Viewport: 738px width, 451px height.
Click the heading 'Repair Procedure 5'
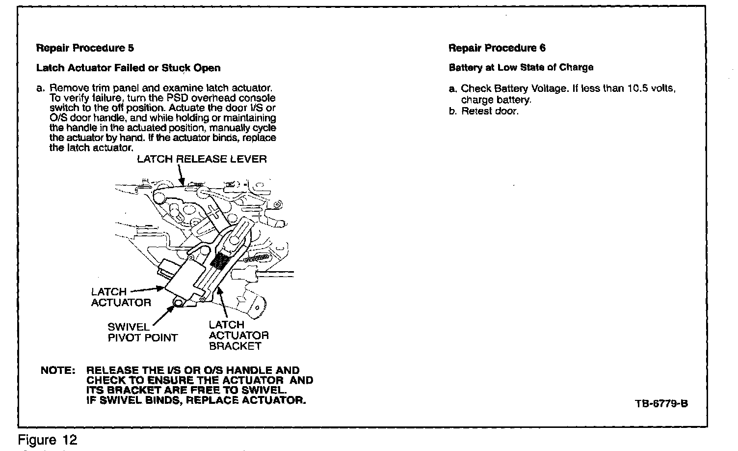click(85, 48)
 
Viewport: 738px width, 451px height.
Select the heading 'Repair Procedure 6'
click(497, 48)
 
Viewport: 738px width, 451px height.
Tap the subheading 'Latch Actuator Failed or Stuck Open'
click(128, 68)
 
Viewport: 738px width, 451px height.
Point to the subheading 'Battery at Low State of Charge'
click(521, 67)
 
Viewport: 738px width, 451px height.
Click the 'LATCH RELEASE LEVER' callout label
click(202, 159)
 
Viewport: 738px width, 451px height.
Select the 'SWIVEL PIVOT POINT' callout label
click(142, 333)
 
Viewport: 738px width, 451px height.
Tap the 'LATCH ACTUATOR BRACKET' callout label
click(238, 335)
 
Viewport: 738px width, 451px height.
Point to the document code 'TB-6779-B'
click(661, 404)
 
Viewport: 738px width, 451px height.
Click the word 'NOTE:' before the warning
click(57, 370)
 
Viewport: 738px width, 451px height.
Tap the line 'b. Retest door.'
click(483, 111)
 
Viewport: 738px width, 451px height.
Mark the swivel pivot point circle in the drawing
click(178, 303)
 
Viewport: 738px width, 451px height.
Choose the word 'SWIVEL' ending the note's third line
click(262, 390)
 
